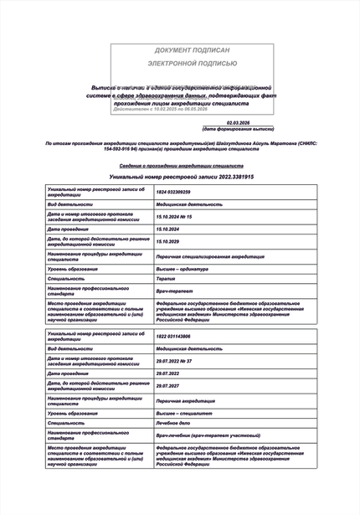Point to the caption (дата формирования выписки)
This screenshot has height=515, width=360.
(x=238, y=129)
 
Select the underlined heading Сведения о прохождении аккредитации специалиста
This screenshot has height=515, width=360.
(x=179, y=167)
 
